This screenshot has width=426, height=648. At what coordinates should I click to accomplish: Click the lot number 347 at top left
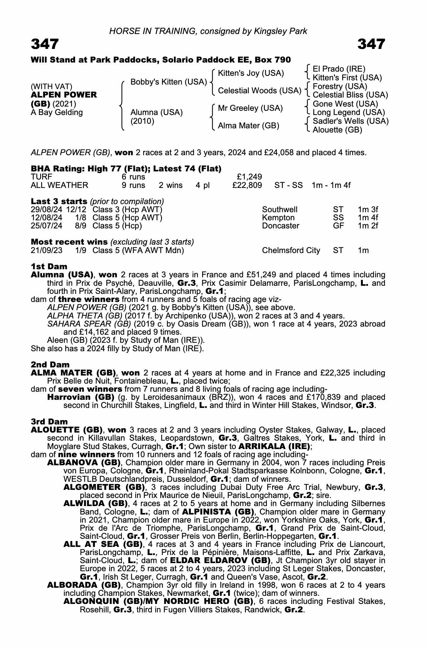click(x=45, y=44)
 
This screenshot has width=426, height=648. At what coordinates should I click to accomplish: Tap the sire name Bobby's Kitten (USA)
click(x=168, y=82)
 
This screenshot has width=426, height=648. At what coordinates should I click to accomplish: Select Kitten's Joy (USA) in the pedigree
click(x=251, y=73)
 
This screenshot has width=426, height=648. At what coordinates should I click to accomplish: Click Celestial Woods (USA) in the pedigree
click(x=259, y=91)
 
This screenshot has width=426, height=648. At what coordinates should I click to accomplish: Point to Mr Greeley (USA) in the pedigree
click(x=250, y=108)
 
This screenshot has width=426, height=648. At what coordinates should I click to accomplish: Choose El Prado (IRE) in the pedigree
click(x=339, y=69)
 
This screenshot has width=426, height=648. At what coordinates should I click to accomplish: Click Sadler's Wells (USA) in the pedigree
click(x=351, y=121)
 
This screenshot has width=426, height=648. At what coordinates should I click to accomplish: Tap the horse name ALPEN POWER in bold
click(x=64, y=95)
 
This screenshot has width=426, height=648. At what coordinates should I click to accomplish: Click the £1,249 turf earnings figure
click(x=249, y=177)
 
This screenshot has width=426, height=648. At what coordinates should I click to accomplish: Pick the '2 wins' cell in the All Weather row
click(x=171, y=185)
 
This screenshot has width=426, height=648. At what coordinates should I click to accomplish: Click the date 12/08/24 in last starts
click(x=47, y=218)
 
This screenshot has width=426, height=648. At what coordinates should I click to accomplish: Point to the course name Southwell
click(x=280, y=210)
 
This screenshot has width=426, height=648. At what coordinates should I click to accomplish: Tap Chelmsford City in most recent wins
click(x=291, y=250)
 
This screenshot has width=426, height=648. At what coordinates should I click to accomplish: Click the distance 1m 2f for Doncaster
click(x=368, y=226)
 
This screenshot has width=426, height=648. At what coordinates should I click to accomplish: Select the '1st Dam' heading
click(x=49, y=267)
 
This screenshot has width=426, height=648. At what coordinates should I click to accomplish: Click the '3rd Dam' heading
click(x=49, y=422)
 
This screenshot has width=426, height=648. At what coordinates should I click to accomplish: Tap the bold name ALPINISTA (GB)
click(x=218, y=512)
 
